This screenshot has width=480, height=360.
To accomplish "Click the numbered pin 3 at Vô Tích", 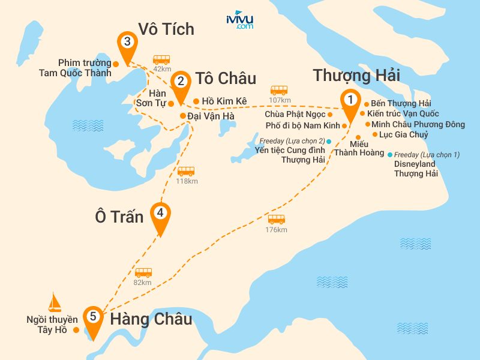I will pyautogui.click(x=127, y=43).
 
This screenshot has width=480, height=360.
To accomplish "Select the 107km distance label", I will pyautogui.click(x=279, y=100).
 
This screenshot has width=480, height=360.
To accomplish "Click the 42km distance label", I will pyautogui.click(x=162, y=69).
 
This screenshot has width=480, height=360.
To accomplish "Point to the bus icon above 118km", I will pyautogui.click(x=186, y=171).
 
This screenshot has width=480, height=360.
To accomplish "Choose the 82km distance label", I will pyautogui.click(x=143, y=282).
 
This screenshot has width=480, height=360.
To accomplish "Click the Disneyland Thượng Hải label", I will pyautogui.click(x=416, y=169).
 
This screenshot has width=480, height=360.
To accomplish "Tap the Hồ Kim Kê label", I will pyautogui.click(x=224, y=101).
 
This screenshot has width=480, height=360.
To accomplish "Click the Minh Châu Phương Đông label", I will pyautogui.click(x=418, y=124).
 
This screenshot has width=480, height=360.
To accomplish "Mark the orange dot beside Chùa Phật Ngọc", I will pyautogui.click(x=330, y=114).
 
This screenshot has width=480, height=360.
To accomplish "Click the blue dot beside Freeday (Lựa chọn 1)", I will pyautogui.click(x=390, y=154).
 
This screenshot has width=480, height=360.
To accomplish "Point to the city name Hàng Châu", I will pyautogui.click(x=151, y=319).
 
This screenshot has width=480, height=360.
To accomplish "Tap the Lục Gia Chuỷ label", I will pyautogui.click(x=403, y=134).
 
